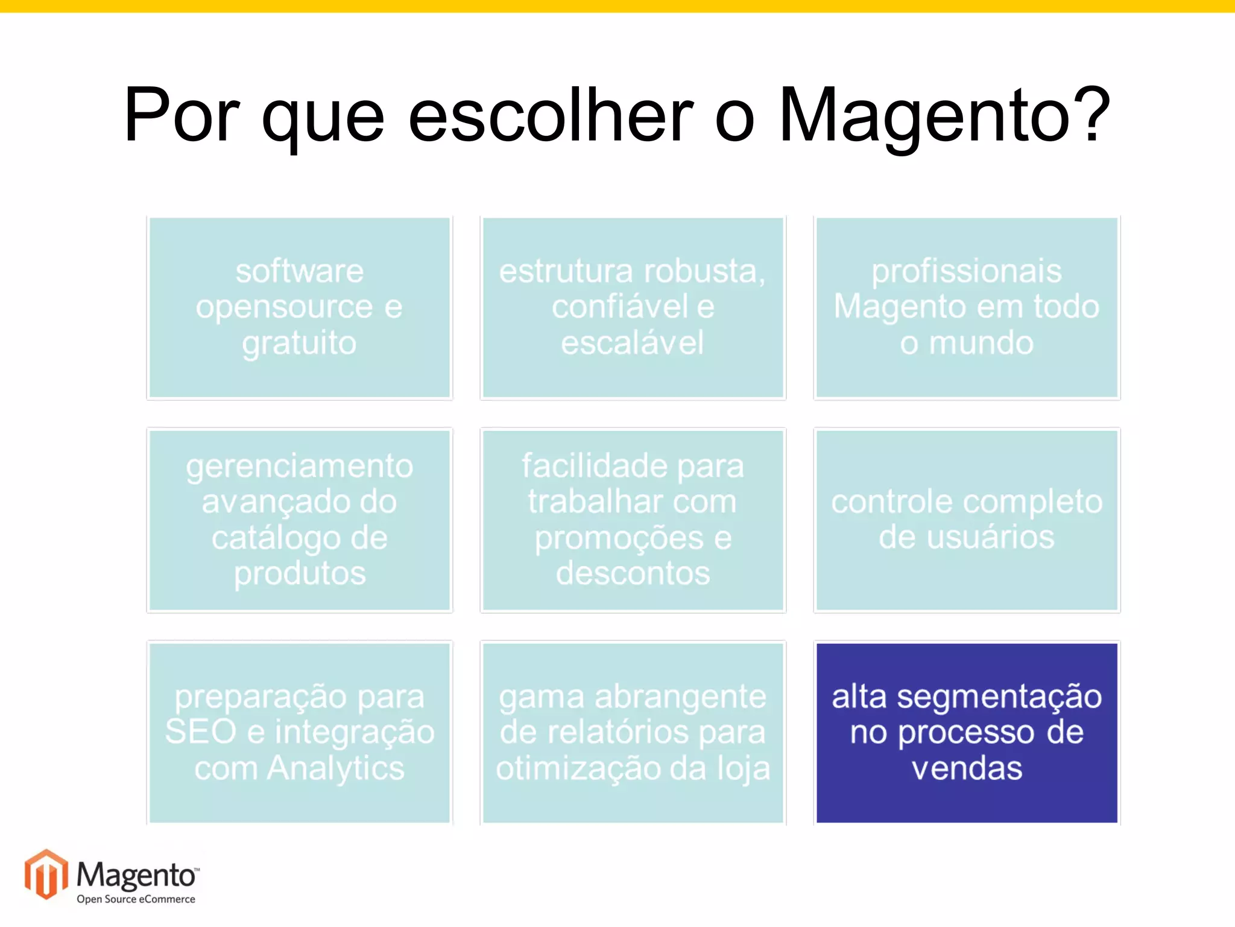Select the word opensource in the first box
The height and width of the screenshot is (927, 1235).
point(284,307)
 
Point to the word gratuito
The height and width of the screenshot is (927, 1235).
point(299,343)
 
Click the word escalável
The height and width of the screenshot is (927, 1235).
point(632,343)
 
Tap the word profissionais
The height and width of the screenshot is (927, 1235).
point(966,271)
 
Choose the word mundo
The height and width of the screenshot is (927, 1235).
point(981,343)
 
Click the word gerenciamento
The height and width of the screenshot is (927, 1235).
point(299,467)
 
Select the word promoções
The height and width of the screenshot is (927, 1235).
point(619,538)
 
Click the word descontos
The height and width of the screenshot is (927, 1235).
point(633,573)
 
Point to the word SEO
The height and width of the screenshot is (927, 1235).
point(201,731)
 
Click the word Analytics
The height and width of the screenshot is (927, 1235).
point(335,768)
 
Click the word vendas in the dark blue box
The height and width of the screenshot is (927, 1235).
point(967,768)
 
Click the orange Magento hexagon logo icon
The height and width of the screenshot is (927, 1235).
point(46,874)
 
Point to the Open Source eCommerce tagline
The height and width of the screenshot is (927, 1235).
point(136,899)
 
